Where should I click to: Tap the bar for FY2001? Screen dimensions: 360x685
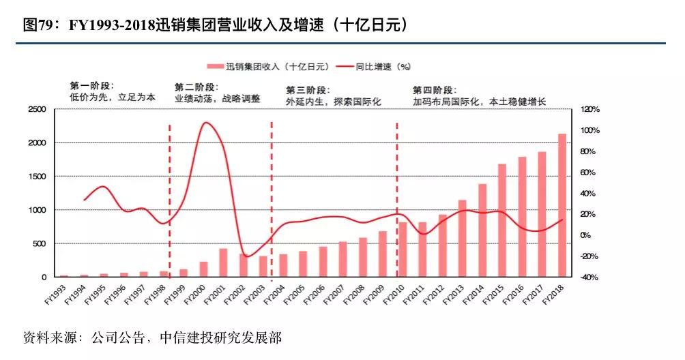point(222,262)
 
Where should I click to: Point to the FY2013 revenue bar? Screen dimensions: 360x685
point(462,239)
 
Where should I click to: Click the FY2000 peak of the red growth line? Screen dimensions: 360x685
point(206,123)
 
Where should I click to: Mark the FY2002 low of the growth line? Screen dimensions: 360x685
point(247,256)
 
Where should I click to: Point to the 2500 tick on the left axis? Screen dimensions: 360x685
point(37,109)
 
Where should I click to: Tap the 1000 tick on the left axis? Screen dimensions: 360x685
point(37,210)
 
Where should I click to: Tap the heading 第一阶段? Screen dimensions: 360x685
point(92,86)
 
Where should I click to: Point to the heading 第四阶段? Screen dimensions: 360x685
point(434,89)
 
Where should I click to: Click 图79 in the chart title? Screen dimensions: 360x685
point(38,26)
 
